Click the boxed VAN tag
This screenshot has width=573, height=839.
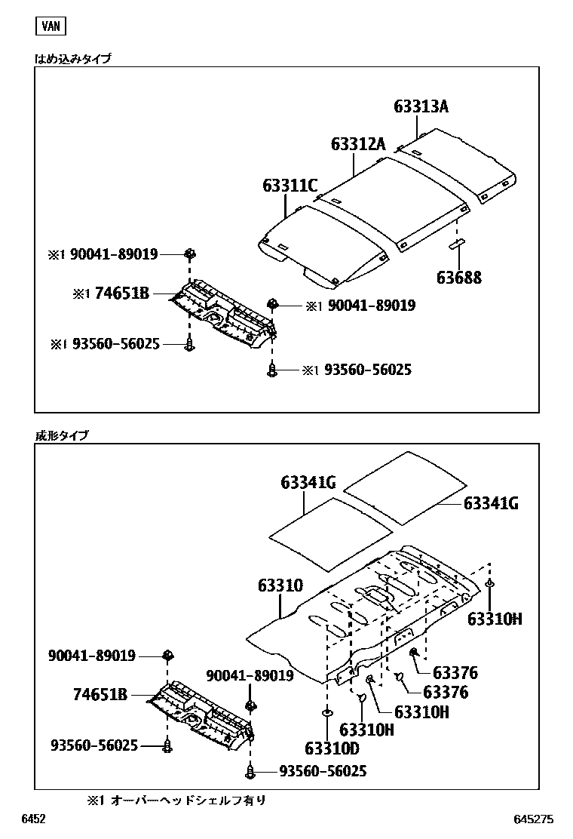[x=51, y=26]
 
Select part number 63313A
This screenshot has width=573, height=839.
[x=421, y=107]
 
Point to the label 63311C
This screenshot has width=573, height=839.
[x=290, y=185]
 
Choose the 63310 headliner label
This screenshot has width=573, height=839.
[x=280, y=585]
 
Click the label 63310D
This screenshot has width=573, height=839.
[x=332, y=748]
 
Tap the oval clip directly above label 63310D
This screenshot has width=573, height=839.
[x=327, y=713]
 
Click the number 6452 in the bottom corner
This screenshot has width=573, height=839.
[x=34, y=819]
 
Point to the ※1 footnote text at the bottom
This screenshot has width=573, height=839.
[x=176, y=800]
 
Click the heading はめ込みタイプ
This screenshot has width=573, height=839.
[x=73, y=58]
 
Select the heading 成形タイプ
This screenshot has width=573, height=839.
[x=62, y=435]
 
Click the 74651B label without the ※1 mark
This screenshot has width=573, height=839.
[x=100, y=695]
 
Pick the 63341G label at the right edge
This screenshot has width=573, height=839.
[x=491, y=503]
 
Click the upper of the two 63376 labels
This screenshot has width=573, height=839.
[x=455, y=674]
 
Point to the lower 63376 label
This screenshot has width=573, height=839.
[x=446, y=692]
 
